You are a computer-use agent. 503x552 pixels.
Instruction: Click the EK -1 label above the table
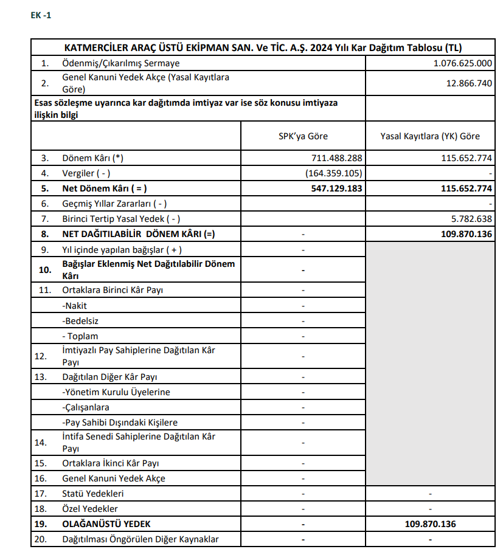[41, 15]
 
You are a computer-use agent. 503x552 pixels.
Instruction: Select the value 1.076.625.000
[463, 63]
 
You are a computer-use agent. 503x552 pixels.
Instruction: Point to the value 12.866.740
[469, 83]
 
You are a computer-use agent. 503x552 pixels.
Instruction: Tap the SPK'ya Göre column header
[303, 136]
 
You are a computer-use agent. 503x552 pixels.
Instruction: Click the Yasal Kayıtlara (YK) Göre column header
[430, 136]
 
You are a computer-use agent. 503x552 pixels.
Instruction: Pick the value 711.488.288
[337, 158]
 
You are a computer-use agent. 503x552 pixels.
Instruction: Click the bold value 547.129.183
[336, 188]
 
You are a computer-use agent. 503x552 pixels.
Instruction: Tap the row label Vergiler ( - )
[86, 173]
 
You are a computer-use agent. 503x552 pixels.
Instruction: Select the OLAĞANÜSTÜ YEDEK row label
[106, 524]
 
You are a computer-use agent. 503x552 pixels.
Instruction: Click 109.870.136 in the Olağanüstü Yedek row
[430, 524]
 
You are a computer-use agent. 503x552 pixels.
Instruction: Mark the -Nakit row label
[75, 306]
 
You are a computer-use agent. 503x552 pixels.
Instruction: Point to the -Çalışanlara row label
[86, 407]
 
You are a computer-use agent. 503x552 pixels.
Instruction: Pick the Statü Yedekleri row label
[93, 494]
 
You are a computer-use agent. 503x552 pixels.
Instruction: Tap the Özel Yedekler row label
[90, 509]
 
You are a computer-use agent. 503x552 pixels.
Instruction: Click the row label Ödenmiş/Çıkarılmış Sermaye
[121, 63]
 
